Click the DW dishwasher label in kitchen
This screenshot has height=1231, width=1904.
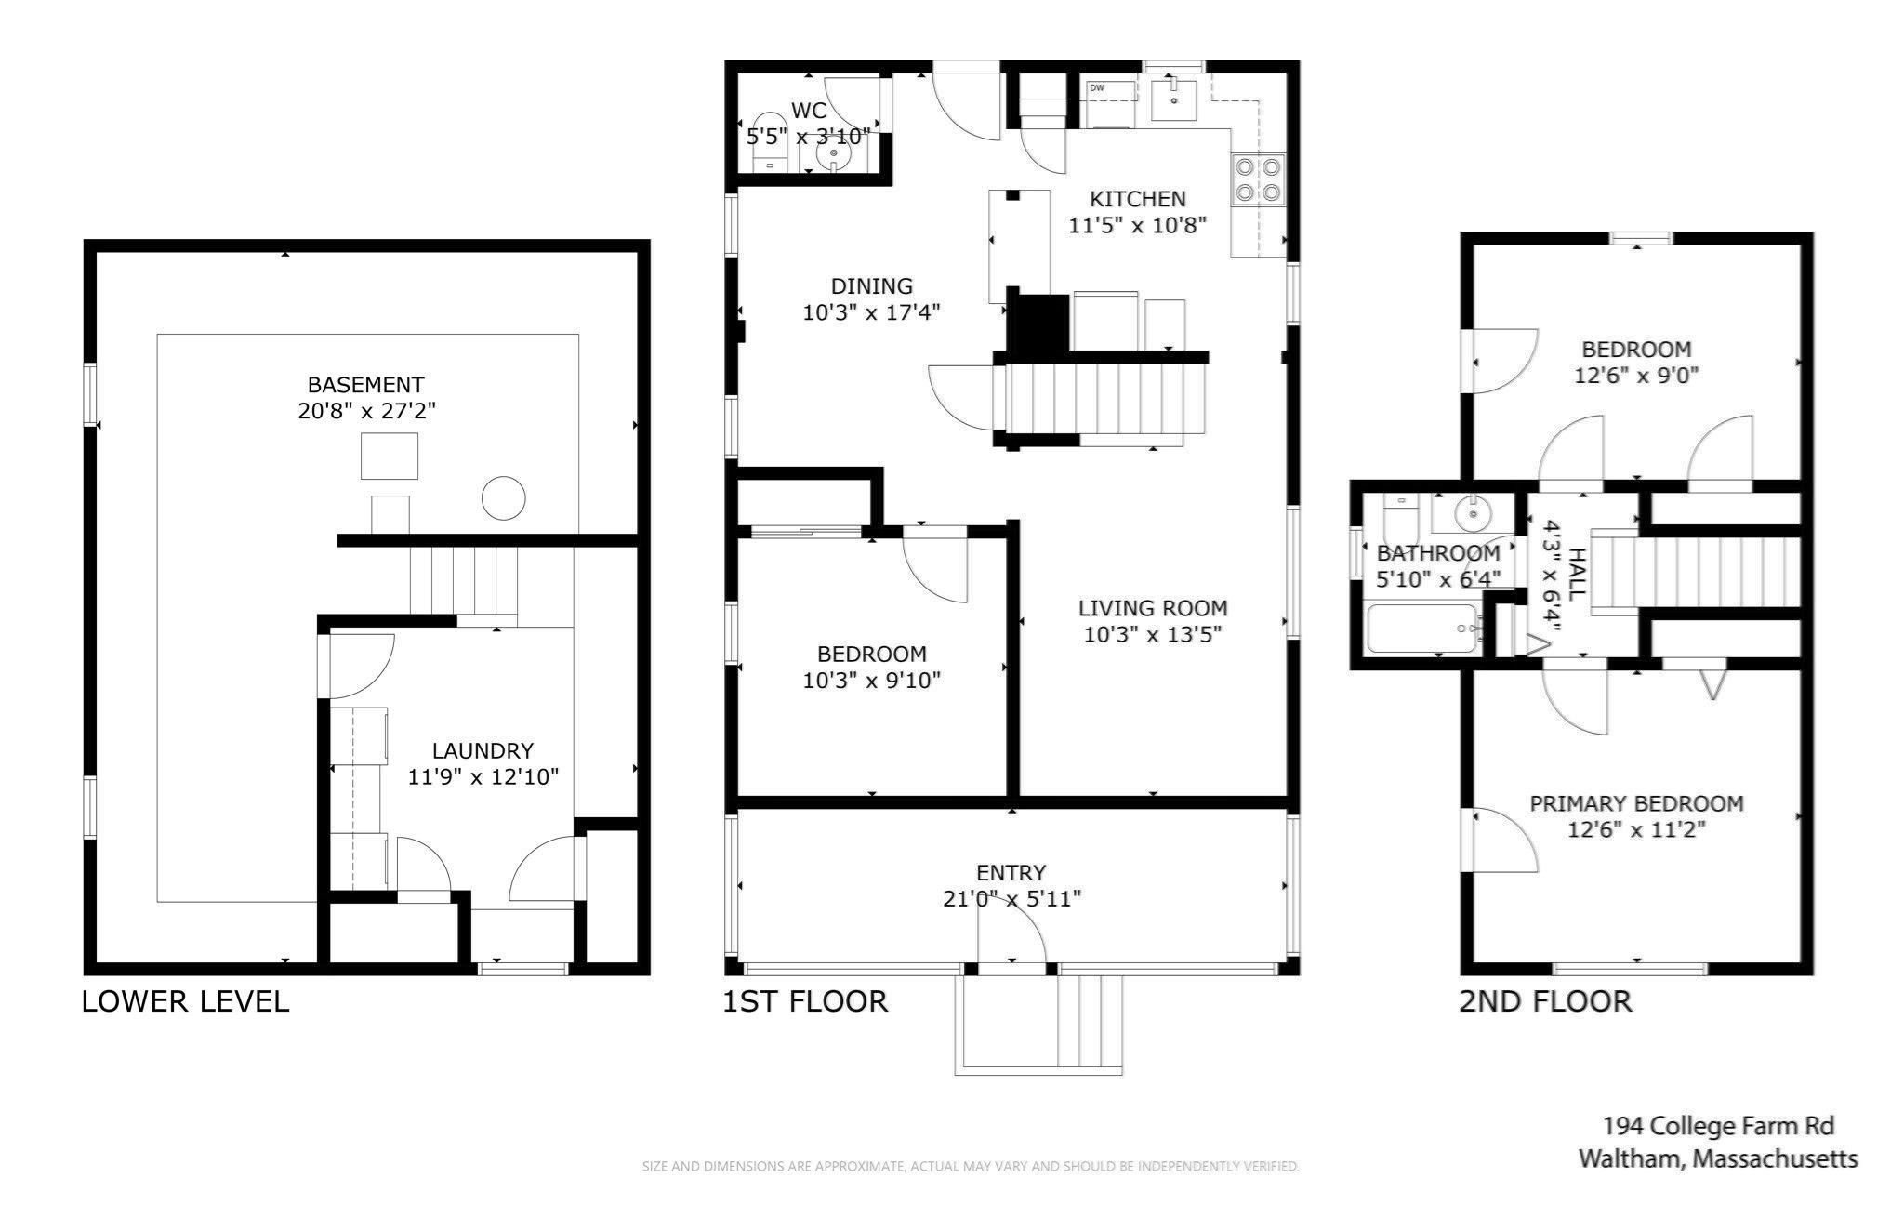click(1097, 88)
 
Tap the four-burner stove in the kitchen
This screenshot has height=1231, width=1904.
click(1257, 180)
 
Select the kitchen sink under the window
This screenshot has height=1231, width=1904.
click(1174, 99)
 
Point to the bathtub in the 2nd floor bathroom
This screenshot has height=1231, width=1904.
click(1421, 629)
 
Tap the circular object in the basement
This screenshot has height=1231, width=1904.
click(503, 497)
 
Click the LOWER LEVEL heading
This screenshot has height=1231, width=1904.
click(186, 1001)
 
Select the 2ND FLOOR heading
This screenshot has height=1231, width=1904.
click(1544, 1001)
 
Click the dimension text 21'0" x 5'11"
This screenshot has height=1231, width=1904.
click(1011, 899)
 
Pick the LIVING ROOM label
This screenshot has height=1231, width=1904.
click(1152, 608)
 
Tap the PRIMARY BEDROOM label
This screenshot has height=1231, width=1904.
click(1636, 803)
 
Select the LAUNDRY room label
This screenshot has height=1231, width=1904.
click(483, 750)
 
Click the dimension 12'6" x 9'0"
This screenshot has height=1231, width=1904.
click(1636, 376)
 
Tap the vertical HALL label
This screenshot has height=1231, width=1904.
click(1577, 576)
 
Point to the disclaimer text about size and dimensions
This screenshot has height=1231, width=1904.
click(970, 1166)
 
